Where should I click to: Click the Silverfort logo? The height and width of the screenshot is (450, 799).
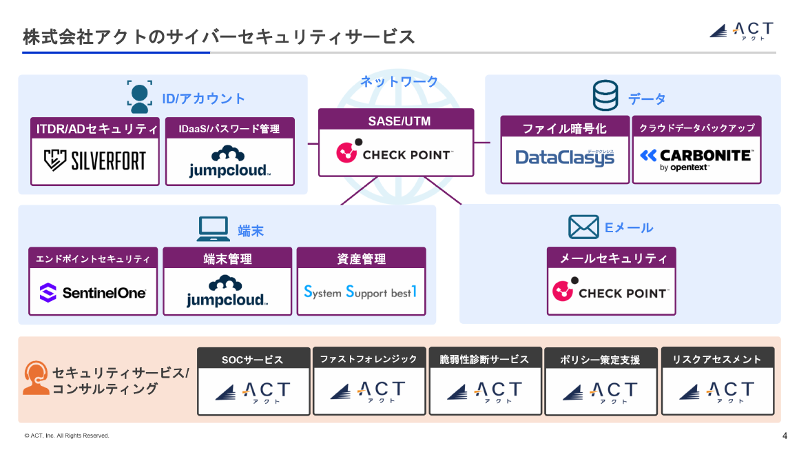(x=95, y=161)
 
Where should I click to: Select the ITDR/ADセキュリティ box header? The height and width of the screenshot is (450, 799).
(x=95, y=128)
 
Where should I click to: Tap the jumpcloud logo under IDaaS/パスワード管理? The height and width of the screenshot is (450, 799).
(x=229, y=162)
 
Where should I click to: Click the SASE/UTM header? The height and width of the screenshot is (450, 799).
(x=396, y=121)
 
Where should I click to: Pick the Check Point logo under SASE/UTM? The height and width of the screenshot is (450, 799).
(x=395, y=153)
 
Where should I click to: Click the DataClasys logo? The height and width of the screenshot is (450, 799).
(x=565, y=158)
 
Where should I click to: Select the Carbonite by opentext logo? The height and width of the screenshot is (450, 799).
(x=696, y=158)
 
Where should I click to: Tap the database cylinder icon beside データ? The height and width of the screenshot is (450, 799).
(x=605, y=96)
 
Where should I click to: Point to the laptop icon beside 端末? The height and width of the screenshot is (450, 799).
(x=214, y=229)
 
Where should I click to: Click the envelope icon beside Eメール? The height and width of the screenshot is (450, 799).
(x=583, y=227)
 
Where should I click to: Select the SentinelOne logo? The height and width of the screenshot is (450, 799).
(x=93, y=293)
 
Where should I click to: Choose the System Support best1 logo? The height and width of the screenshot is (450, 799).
(x=361, y=292)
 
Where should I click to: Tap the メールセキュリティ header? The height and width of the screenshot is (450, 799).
(x=612, y=258)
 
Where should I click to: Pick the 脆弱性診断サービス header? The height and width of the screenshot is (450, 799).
(x=484, y=359)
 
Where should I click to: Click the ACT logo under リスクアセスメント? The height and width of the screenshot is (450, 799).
(x=717, y=391)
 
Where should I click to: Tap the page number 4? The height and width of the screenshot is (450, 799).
(x=785, y=436)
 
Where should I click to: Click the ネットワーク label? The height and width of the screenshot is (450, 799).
(x=399, y=81)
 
